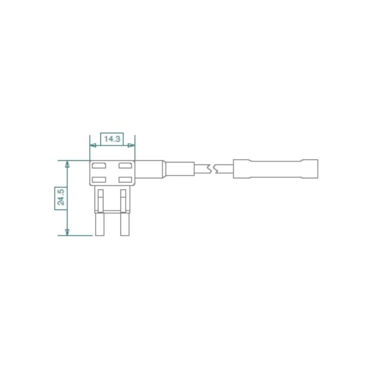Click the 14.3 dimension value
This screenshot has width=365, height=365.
click(112, 139)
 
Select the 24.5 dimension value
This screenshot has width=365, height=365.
click(61, 198)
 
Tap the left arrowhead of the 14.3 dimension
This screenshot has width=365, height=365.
click(93, 146)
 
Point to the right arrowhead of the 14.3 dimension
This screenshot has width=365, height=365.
click(131, 146)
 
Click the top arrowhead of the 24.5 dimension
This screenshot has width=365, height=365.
click(67, 164)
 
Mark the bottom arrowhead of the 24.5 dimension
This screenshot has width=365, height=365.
click(67, 232)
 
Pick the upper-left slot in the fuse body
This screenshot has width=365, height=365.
click(99, 166)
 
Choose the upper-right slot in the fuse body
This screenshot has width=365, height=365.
click(125, 166)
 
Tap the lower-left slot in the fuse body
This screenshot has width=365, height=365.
click(99, 180)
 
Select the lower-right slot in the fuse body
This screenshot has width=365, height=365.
click(125, 180)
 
